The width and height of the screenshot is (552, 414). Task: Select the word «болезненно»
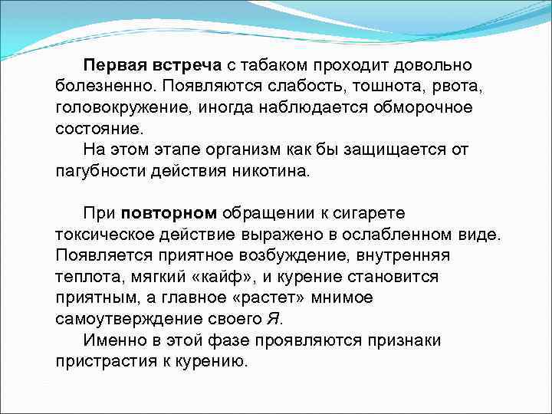(100, 82)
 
